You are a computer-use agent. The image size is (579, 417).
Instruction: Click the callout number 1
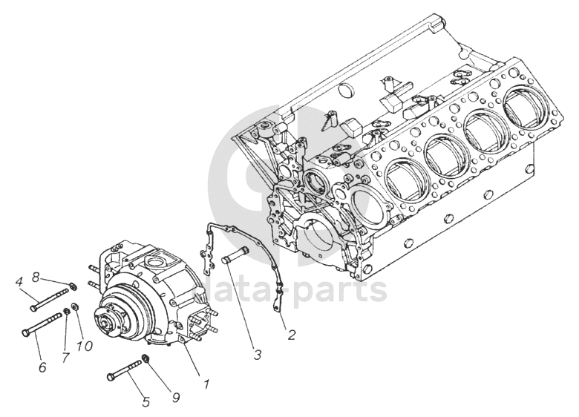pyautogui.click(x=207, y=384)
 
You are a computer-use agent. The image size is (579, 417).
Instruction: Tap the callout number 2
pyautogui.click(x=291, y=335)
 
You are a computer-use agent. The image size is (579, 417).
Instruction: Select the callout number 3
pyautogui.click(x=257, y=355)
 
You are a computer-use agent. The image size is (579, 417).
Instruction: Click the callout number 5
pyautogui.click(x=146, y=401)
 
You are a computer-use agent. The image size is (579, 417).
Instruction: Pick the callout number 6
pyautogui.click(x=42, y=366)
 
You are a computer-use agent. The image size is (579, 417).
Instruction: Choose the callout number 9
pyautogui.click(x=176, y=398)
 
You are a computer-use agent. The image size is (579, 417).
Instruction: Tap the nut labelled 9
pyautogui.click(x=147, y=359)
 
